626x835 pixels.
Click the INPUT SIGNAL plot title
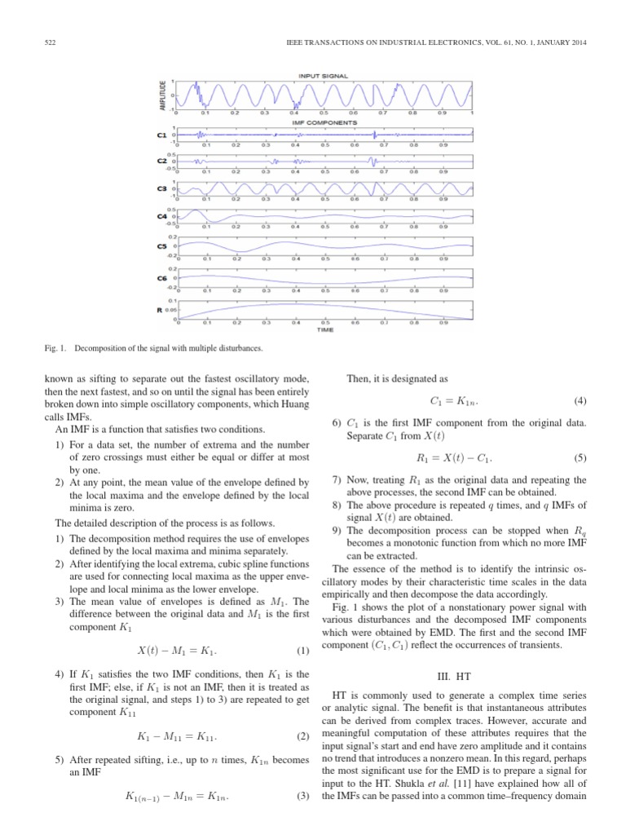[x=324, y=76]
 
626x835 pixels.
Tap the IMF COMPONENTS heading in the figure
[x=324, y=121]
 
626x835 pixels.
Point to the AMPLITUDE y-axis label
[x=164, y=96]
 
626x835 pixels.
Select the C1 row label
[x=161, y=134]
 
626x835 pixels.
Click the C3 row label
[x=161, y=188]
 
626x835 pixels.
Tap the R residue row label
[x=160, y=310]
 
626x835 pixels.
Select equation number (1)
[x=305, y=628]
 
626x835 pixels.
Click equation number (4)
[x=580, y=401]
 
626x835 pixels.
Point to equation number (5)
[x=580, y=458]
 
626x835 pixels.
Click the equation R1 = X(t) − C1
[x=456, y=458]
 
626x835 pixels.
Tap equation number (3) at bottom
[x=305, y=818]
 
